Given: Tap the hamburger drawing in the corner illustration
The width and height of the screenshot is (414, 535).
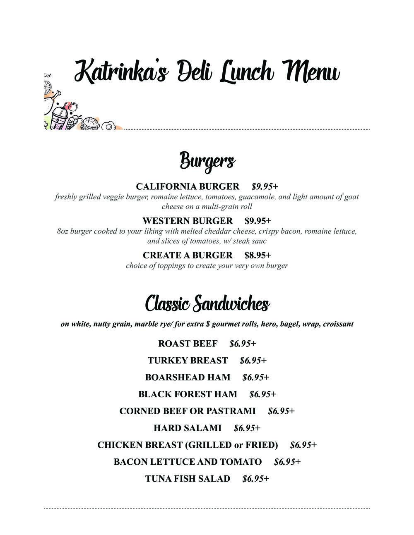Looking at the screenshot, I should (x=91, y=124).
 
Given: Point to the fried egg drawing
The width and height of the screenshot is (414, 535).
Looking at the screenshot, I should (x=109, y=125).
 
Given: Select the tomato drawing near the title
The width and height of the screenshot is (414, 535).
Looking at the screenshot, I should (x=73, y=106).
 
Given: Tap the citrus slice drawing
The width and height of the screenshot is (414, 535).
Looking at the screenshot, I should (x=47, y=88).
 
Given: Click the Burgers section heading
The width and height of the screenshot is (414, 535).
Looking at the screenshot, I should (x=207, y=161).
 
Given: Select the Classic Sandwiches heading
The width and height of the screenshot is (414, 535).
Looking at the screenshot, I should (x=207, y=304).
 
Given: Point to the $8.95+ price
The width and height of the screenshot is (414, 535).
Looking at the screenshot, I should (x=258, y=255).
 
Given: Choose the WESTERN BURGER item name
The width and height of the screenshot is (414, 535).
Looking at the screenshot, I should (x=188, y=221).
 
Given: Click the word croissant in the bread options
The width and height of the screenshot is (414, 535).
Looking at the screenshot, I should (x=338, y=324).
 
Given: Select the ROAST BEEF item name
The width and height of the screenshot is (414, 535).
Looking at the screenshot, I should (x=188, y=344).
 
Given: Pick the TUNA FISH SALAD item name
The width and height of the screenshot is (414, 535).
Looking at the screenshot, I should (x=188, y=479).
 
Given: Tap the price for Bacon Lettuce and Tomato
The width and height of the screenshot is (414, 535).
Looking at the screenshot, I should (x=287, y=462).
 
